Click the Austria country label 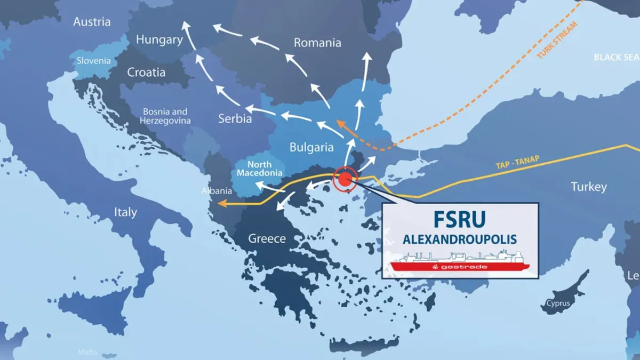point(92,22)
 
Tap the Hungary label point(159,39)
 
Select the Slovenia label point(94,61)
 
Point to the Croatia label point(146,72)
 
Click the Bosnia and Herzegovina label point(164,116)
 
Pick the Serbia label point(235,118)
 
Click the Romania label point(317,43)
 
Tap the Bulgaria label point(311,147)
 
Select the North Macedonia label point(260,169)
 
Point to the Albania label point(216,191)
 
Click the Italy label point(125,212)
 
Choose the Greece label point(267,238)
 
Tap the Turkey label point(589,187)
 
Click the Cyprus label point(557,303)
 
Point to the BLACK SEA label point(617,57)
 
